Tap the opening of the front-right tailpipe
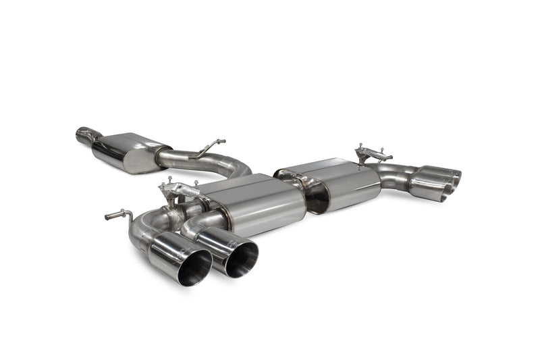pos(242,259)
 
